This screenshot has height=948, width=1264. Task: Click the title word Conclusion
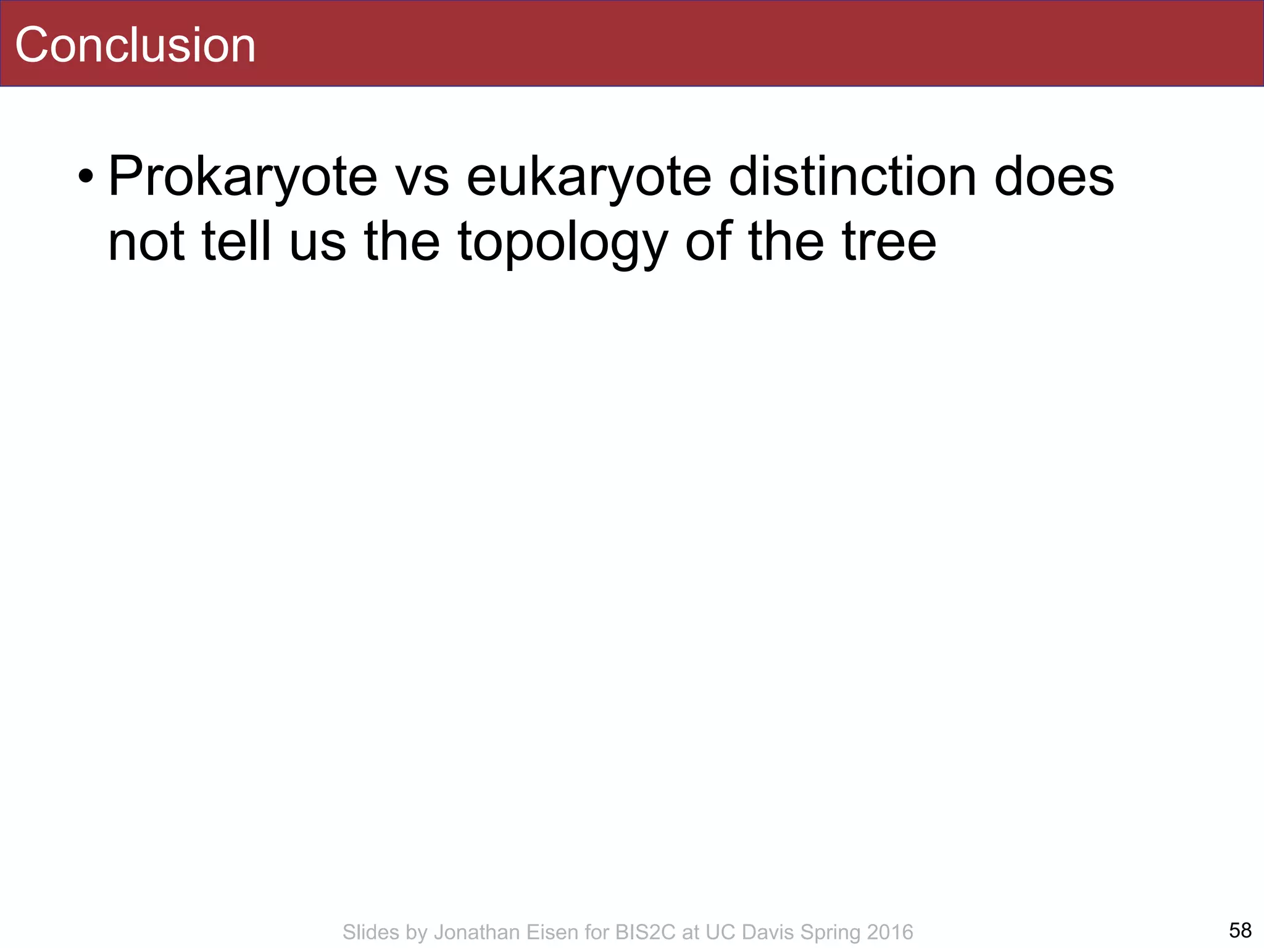tap(135, 45)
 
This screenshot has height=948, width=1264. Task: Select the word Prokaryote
tap(243, 178)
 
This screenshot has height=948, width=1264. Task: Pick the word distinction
tap(852, 177)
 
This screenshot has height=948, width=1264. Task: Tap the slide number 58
tap(1240, 929)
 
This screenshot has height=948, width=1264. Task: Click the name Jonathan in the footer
tap(478, 932)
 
